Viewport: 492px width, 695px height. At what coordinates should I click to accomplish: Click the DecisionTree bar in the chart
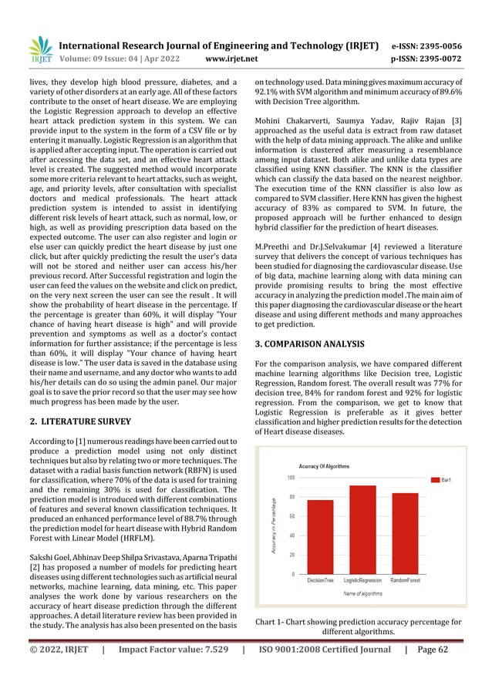point(321,536)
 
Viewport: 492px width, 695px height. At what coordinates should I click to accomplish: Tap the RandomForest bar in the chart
point(405,533)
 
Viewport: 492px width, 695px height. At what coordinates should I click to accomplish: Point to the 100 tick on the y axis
point(291,478)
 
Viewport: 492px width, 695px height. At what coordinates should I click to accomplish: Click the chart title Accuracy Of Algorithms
point(324,466)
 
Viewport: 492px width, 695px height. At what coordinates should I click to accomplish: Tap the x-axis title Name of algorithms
point(362,594)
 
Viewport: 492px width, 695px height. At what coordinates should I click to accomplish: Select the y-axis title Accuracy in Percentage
point(274,527)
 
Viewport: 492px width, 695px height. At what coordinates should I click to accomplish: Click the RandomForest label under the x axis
point(405,580)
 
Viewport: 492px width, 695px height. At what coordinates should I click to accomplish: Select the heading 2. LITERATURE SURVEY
point(72,421)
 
